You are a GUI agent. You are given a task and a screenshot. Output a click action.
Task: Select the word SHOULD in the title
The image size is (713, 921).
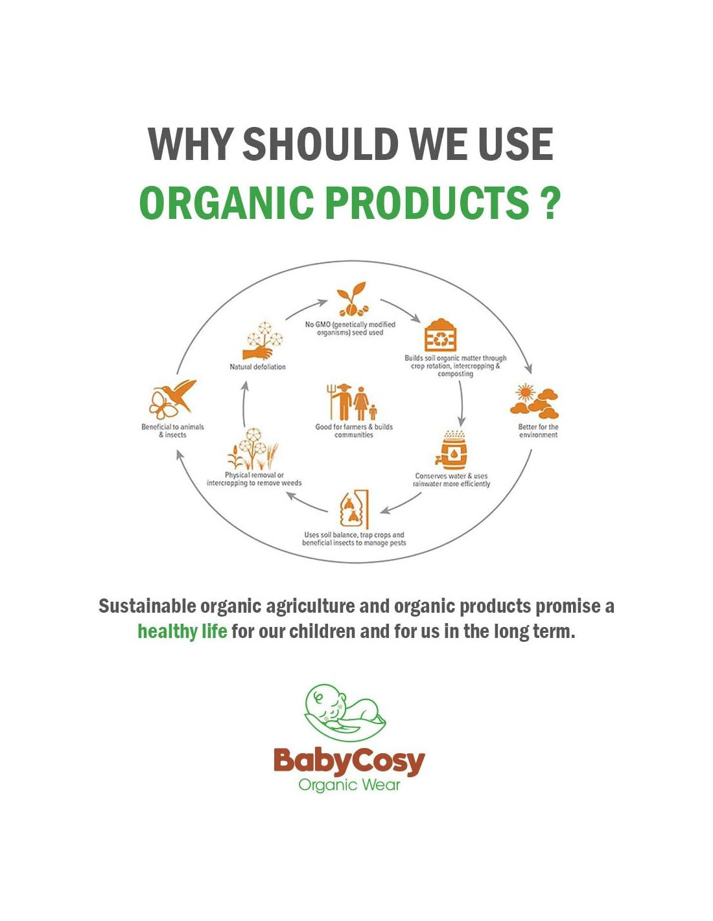point(320,143)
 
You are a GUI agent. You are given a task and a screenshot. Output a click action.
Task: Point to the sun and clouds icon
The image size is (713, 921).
point(534,400)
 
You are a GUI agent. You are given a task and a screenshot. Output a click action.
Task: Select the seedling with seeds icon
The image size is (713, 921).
point(352,299)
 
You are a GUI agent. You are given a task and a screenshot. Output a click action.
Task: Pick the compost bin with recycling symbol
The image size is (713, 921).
point(441,335)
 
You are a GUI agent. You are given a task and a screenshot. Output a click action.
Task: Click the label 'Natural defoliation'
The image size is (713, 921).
point(257,367)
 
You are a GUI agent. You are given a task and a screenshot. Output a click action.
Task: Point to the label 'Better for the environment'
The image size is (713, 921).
point(538,431)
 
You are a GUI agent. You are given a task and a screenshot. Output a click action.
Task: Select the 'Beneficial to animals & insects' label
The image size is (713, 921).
point(172,431)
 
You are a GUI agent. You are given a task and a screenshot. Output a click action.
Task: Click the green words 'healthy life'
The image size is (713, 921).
point(182,631)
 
